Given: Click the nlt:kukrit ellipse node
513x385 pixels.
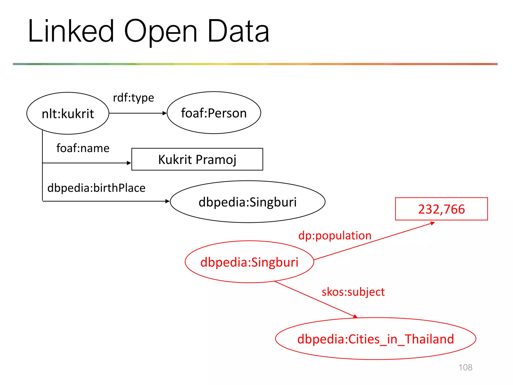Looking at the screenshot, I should click(68, 113).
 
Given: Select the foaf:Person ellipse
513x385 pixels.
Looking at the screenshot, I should click(214, 113).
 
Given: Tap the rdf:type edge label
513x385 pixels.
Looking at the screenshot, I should click(133, 98).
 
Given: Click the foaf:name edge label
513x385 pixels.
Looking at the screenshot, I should click(83, 148).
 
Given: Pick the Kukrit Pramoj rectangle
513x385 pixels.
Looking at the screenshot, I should click(197, 159).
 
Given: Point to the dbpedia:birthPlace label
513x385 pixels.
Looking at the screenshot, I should click(96, 188).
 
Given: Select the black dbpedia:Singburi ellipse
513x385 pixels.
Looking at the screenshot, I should click(247, 202).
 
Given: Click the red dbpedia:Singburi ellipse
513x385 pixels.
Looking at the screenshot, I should click(249, 262).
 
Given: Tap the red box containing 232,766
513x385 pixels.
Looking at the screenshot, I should click(441, 209).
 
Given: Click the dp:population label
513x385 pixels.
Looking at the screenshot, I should click(335, 236).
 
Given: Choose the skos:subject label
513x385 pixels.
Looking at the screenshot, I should click(353, 292).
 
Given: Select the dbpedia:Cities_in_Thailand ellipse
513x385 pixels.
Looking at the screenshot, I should click(375, 339).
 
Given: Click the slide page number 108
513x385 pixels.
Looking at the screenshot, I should click(465, 367).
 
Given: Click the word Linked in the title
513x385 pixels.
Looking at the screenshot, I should click(71, 31).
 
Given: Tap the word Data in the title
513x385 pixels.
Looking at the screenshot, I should click(238, 31).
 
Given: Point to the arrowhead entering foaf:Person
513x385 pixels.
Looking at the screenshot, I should click(165, 113).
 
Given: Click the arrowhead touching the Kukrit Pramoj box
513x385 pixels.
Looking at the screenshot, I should click(129, 163).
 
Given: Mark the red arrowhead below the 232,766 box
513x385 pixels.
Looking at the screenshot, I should click(432, 223).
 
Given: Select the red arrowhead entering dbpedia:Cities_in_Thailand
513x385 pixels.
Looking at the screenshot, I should click(355, 317).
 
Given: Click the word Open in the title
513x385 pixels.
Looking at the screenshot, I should click(161, 33).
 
